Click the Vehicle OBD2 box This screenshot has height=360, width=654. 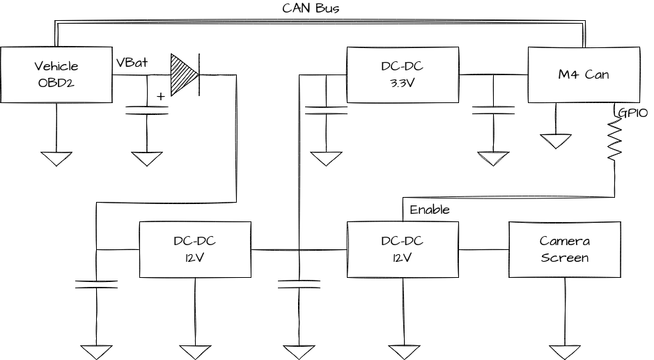coord(56,75)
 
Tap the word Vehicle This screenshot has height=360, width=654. coord(56,67)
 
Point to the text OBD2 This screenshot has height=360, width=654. coord(56,83)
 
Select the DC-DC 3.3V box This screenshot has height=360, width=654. coord(403,75)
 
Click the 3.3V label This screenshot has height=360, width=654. coord(403,83)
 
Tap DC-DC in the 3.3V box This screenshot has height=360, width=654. coord(403,67)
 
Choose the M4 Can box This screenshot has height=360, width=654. coord(584,75)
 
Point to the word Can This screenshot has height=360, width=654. coord(596,75)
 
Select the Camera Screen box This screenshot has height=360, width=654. coord(564,249)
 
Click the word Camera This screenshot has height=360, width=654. coord(564,241)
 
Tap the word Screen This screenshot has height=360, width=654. coord(564,258)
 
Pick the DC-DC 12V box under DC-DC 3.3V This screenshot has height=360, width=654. coord(403,249)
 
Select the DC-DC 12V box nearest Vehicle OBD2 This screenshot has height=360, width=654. coord(195,249)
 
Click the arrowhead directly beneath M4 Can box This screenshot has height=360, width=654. coord(556,141)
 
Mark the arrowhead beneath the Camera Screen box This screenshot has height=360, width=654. coord(564,352)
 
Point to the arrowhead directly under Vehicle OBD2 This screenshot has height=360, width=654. coord(56,159)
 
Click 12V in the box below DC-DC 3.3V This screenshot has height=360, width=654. coord(403,258)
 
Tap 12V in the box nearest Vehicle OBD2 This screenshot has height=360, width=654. coord(195,258)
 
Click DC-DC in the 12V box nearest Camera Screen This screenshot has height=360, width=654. coord(403,241)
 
